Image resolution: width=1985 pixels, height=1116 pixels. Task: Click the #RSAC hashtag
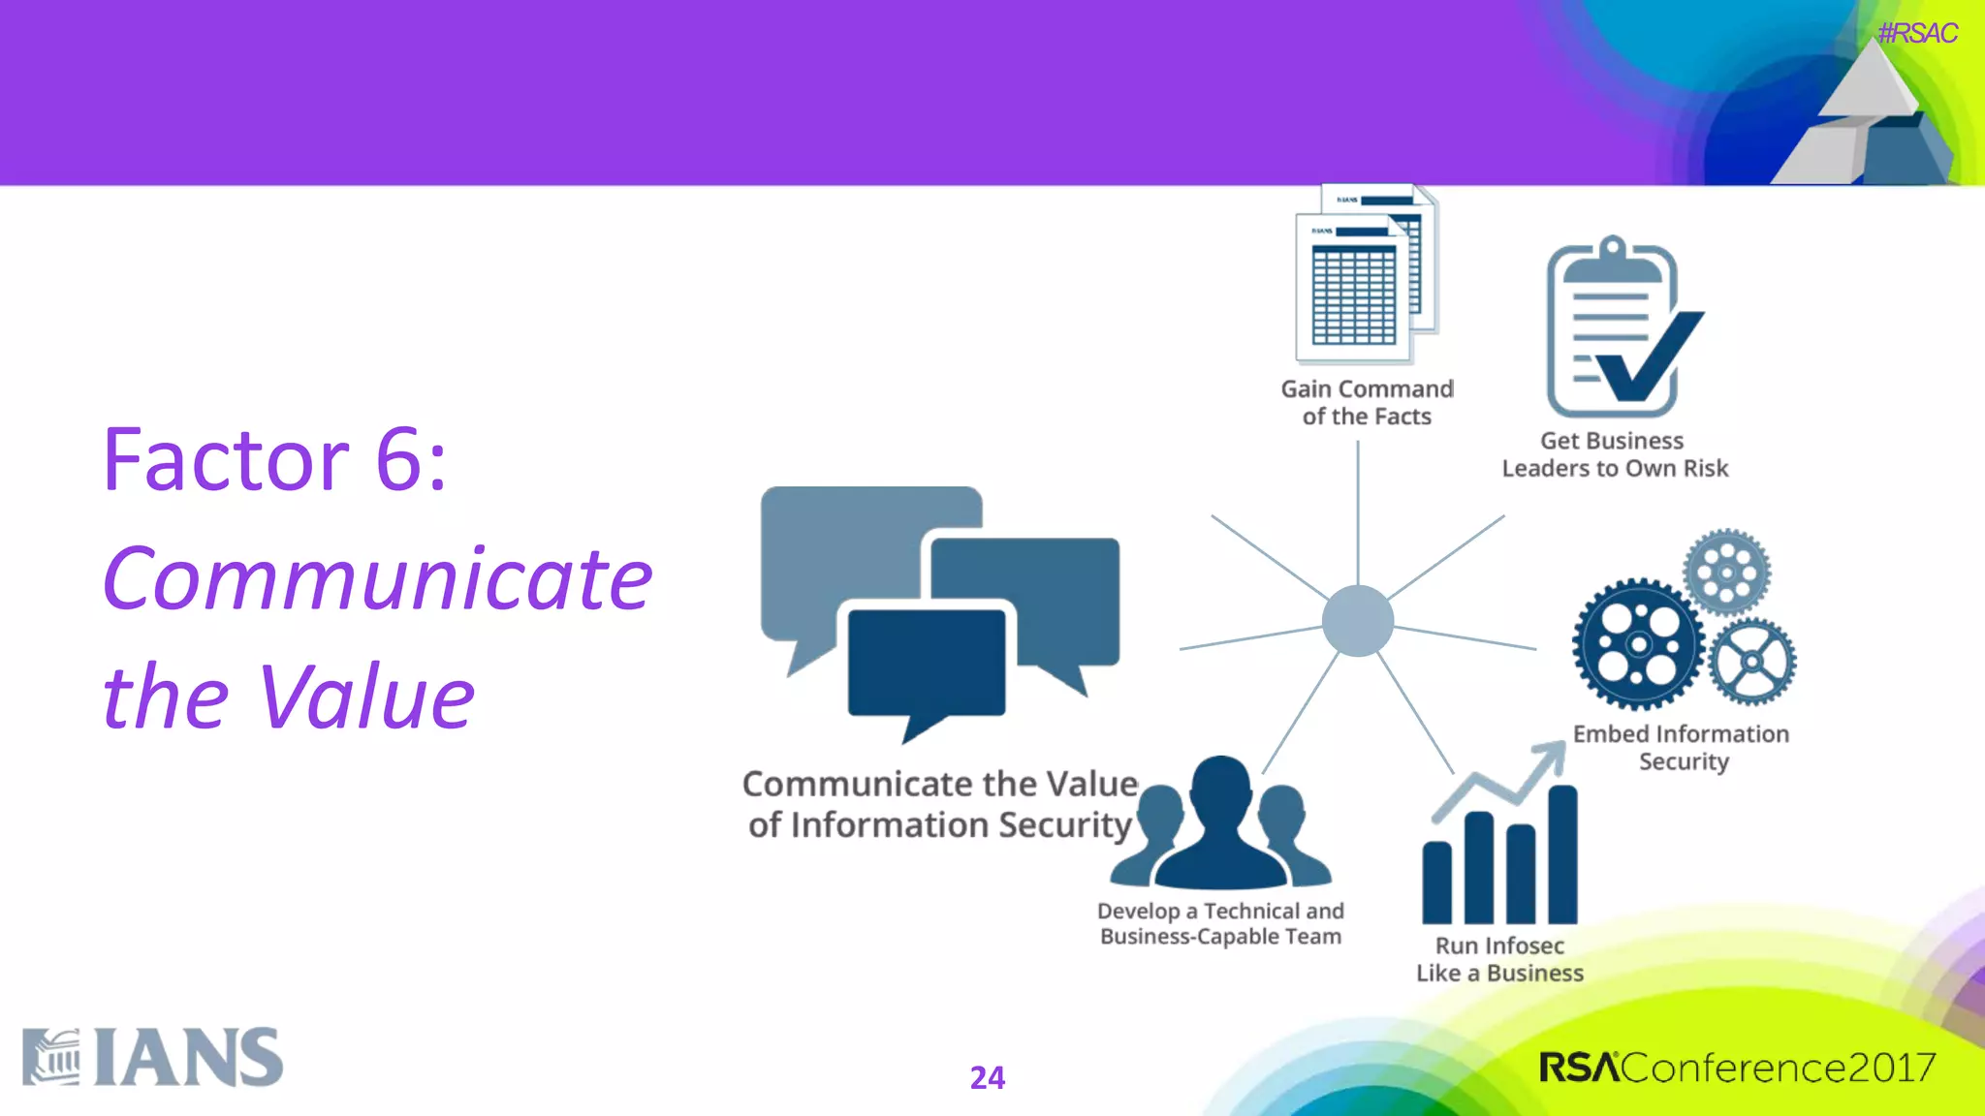(x=1916, y=34)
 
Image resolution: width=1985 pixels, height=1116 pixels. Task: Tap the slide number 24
(x=987, y=1077)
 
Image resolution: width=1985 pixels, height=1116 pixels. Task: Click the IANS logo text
(x=188, y=1058)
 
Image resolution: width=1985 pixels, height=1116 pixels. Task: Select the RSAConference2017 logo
(x=1736, y=1068)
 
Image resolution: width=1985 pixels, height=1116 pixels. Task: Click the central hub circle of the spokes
(x=1357, y=621)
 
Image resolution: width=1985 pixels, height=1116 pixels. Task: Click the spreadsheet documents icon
(x=1365, y=276)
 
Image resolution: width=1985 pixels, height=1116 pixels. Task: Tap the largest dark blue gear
(x=1638, y=644)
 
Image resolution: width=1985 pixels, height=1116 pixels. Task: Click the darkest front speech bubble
(x=926, y=664)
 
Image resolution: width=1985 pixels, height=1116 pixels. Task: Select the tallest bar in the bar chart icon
(x=1562, y=854)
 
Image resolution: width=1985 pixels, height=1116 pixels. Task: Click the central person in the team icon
(x=1221, y=823)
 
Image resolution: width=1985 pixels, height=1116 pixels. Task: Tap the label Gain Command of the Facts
(x=1367, y=402)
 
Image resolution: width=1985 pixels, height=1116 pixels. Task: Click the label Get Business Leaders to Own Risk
(x=1614, y=454)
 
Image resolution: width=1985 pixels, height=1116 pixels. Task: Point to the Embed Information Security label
(x=1682, y=747)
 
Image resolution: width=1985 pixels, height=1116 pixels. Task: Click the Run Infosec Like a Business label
(x=1499, y=959)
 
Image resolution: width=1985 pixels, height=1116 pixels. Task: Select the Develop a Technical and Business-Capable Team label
(x=1220, y=923)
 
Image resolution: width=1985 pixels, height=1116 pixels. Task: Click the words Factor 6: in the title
(x=275, y=460)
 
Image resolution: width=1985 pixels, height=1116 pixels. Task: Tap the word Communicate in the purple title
(x=378, y=578)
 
